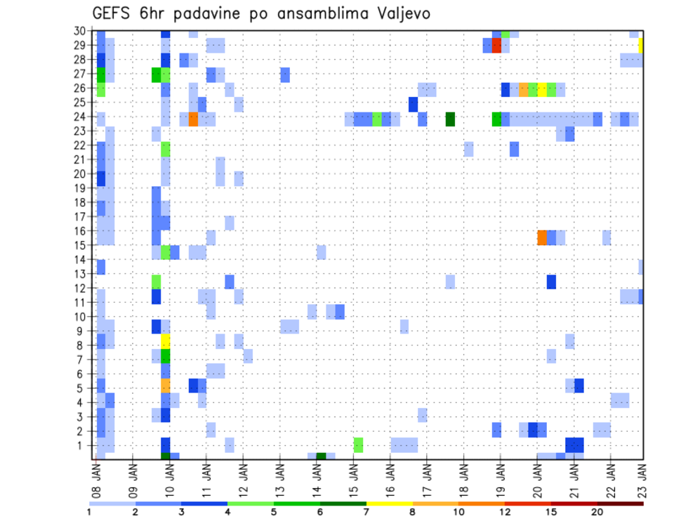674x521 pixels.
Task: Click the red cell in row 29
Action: (496, 46)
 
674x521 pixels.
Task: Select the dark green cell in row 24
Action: (450, 119)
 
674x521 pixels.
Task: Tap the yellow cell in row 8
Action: (166, 341)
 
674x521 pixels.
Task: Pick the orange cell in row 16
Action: (542, 237)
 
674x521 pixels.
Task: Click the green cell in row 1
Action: (358, 445)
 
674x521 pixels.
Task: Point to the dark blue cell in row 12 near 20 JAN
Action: (551, 282)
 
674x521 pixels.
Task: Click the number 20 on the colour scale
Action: (597, 511)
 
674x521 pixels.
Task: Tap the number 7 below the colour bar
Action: (366, 511)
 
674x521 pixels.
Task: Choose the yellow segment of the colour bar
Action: (389, 503)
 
